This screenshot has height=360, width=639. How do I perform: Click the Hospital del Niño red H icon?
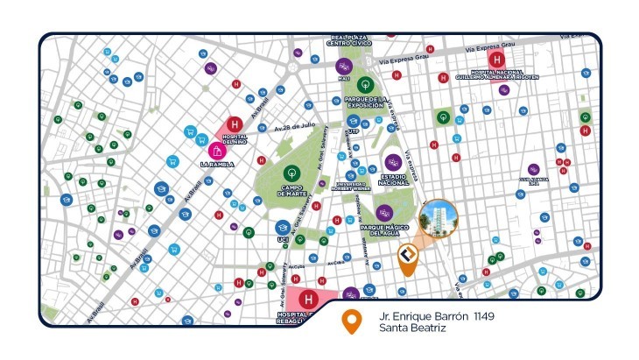[235, 125]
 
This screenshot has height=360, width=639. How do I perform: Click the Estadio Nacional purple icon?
[393, 162]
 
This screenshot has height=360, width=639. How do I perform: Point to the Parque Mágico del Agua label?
[383, 229]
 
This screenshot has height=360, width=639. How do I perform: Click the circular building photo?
[439, 218]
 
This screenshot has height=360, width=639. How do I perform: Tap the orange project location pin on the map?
[407, 258]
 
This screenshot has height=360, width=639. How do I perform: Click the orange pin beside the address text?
[352, 322]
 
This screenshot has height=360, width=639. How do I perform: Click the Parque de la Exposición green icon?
[366, 85]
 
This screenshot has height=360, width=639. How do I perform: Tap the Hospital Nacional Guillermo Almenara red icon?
[496, 60]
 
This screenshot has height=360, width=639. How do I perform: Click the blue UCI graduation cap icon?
[283, 228]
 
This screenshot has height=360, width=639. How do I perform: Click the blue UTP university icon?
[354, 120]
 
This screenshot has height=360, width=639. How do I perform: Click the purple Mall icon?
[343, 65]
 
